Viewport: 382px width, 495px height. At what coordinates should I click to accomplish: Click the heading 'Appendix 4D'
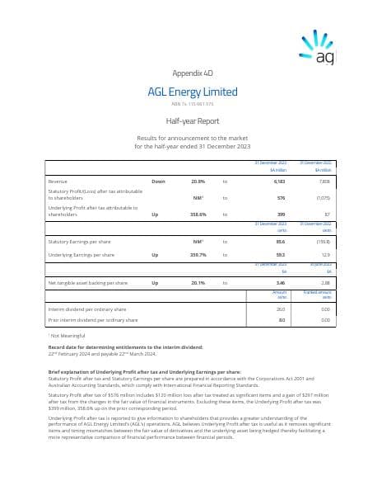191,73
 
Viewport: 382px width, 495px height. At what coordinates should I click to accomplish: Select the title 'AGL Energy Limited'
191,92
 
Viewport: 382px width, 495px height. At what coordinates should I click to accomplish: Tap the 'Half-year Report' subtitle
191,120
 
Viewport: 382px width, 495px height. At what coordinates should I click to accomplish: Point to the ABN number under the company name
191,104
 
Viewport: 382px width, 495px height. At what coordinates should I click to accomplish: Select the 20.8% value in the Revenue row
198,180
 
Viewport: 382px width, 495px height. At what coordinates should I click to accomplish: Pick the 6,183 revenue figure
279,180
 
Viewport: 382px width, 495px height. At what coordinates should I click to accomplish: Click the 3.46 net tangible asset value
281,283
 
